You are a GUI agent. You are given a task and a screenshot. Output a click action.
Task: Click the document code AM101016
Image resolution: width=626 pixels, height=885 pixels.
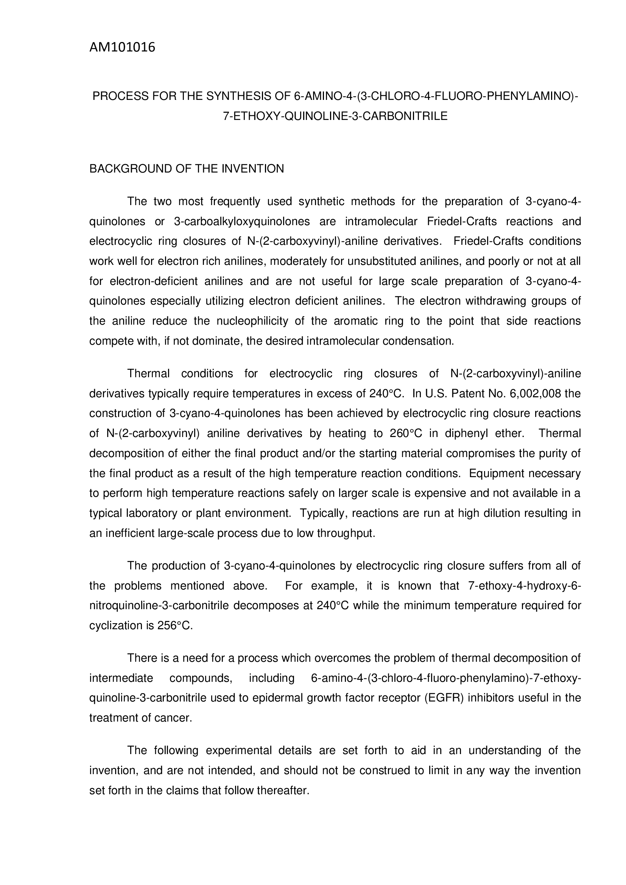tap(122, 47)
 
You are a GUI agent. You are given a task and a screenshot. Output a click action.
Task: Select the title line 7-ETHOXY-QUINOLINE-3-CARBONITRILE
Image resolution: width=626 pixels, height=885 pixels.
tap(335, 116)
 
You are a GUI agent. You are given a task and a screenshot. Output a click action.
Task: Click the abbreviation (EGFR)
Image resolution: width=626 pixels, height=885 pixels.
tap(444, 698)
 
